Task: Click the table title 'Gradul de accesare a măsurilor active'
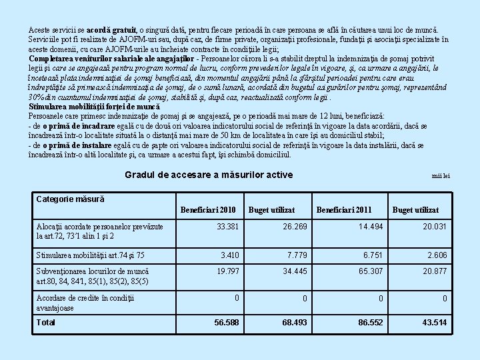coord(208,175)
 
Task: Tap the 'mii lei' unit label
coord(441,176)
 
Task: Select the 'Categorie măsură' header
coord(70,199)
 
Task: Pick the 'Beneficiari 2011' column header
coord(344,210)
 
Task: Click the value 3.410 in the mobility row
coord(230,255)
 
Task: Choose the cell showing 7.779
coord(297,255)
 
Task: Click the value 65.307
coord(371,271)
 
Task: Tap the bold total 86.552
coord(370,322)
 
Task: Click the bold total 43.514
coord(433,322)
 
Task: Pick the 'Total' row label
coord(47,322)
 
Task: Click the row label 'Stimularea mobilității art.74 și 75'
coord(90,255)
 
